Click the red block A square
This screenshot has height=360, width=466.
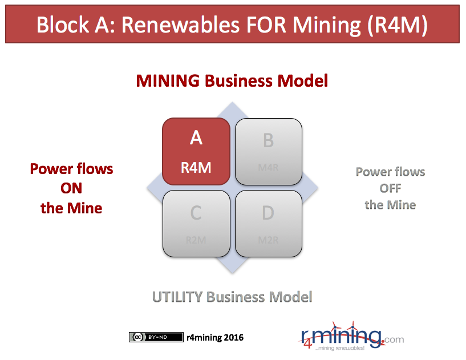pos(196,151)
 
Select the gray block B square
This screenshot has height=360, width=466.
pos(269,151)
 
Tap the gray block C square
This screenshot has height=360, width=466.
pos(196,224)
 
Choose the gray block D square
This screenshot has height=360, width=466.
pos(269,224)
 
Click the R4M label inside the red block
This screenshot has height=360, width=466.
pos(196,168)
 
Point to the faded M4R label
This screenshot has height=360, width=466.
pos(269,168)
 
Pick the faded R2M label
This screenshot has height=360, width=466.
pos(196,240)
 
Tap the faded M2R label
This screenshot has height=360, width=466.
pos(269,240)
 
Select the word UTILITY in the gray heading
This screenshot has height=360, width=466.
pos(177,297)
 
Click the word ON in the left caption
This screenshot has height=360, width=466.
pos(71,188)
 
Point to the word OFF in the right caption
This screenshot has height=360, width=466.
pos(390,188)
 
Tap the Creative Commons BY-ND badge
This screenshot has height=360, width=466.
pos(156,337)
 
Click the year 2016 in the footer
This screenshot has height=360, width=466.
pos(234,337)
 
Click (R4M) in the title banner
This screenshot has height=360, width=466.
pos(398,25)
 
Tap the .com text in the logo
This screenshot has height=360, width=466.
pos(393,339)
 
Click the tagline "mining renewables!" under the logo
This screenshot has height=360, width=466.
pos(340,348)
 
